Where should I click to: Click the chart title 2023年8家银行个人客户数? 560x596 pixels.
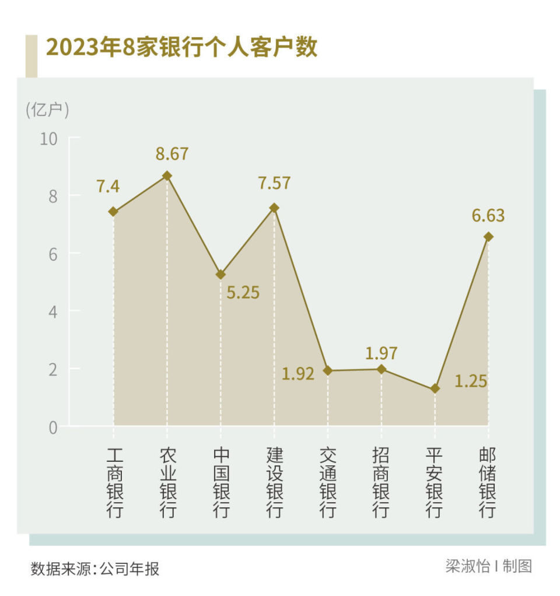click(181, 48)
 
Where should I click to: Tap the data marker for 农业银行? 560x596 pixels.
click(167, 176)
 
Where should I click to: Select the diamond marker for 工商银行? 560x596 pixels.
click(113, 212)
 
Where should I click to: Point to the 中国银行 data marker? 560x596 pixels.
click(220, 275)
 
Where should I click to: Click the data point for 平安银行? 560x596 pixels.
click(435, 389)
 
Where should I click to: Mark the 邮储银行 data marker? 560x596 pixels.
click(488, 237)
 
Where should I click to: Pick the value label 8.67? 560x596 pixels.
click(172, 154)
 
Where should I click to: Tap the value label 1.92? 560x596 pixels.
click(298, 374)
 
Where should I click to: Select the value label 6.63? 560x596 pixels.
click(488, 216)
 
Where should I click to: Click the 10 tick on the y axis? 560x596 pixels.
click(50, 139)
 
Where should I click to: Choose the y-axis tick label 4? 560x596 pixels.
click(53, 311)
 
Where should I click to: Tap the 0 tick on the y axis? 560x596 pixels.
click(53, 427)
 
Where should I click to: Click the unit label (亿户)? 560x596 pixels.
click(47, 110)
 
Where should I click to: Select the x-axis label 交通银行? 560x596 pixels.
click(328, 483)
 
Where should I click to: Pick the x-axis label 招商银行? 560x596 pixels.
click(381, 483)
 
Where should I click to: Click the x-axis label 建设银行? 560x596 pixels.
click(274, 483)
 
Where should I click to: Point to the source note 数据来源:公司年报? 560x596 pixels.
click(95, 569)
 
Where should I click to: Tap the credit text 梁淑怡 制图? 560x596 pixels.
click(488, 566)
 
